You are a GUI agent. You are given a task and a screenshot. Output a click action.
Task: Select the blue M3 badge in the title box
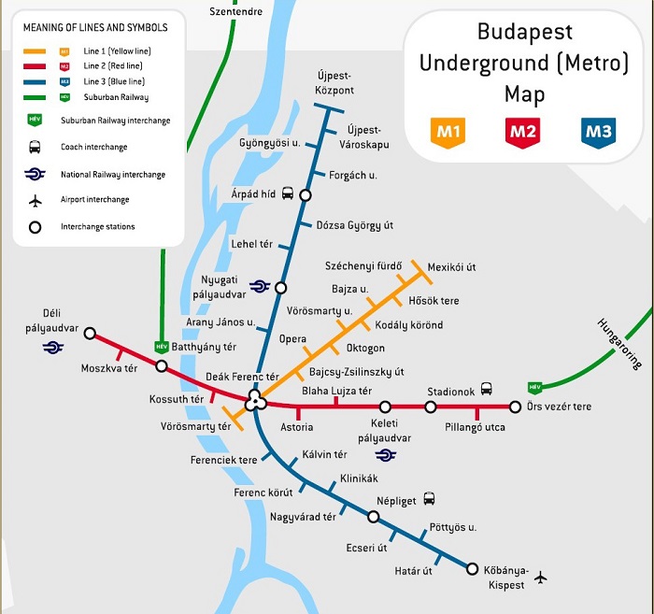tap(598, 132)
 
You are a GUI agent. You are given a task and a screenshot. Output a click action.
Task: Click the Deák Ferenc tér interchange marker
tap(256, 402)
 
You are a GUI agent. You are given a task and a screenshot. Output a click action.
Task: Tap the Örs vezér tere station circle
tap(515, 407)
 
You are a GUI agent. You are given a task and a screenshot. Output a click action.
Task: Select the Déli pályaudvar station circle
tap(90, 332)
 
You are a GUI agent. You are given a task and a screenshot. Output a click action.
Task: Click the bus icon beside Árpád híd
tap(288, 194)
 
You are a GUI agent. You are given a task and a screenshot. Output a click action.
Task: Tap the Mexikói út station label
tap(451, 267)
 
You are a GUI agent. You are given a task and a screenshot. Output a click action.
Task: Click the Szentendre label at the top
tap(235, 12)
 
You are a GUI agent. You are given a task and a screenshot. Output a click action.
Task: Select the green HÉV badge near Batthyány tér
tap(162, 347)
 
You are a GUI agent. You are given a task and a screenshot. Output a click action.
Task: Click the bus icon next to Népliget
tap(429, 499)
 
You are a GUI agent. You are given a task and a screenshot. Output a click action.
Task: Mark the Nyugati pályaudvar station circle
tap(280, 288)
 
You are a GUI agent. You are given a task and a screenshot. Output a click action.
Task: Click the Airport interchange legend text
tap(94, 200)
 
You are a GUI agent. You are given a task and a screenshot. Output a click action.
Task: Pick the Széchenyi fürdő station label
tap(363, 266)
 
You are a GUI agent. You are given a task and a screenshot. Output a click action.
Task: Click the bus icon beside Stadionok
tap(486, 389)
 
